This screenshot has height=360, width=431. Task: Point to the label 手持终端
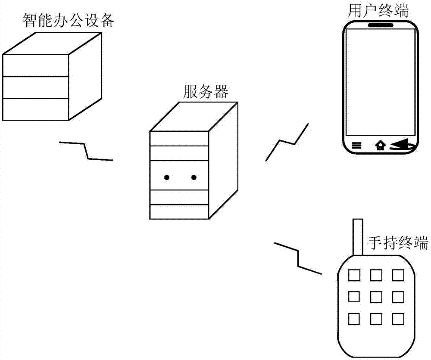pos(397,243)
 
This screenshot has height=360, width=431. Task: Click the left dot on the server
pos(166,177)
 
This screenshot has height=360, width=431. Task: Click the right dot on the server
pos(194,177)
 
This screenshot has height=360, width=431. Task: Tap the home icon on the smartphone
pos(380,146)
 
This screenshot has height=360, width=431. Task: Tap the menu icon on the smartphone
pos(356,146)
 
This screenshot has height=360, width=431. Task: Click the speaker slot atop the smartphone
pos(381,25)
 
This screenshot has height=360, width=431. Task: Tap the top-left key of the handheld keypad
pos(354,274)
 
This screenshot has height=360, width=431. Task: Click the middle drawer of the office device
pos(36,87)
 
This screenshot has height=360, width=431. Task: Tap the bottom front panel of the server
pos(178,211)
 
